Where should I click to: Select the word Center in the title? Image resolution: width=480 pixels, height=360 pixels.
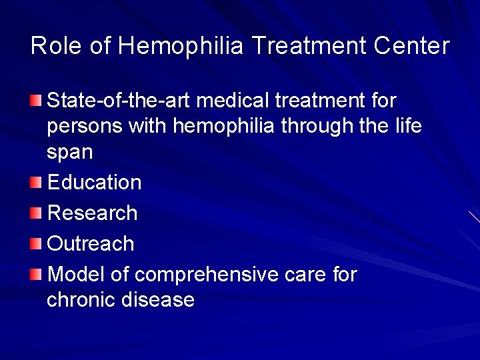[411, 46]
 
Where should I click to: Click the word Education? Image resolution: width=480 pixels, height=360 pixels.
[94, 182]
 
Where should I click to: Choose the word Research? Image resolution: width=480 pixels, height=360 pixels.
[93, 213]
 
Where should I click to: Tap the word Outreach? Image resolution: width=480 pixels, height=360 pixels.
[91, 244]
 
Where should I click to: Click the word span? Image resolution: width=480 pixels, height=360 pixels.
[70, 153]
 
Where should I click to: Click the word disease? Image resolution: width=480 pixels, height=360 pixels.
[158, 300]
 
